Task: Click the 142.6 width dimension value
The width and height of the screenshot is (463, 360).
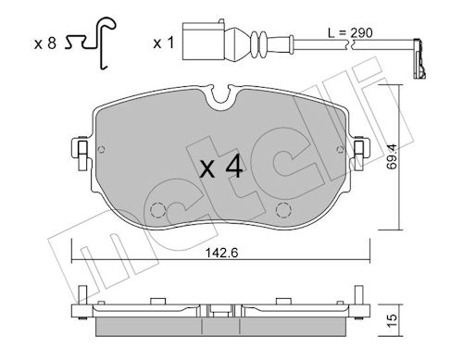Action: coord(222,254)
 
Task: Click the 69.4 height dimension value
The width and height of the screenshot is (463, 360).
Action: coord(392,157)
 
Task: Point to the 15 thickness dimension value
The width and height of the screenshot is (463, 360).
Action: coord(392,321)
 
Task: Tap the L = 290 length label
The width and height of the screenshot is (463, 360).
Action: coord(350,32)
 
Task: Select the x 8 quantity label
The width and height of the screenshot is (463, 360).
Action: coord(45,43)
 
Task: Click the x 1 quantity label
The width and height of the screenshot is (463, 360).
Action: coord(164,43)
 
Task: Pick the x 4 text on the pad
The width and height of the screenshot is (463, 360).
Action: coord(221,168)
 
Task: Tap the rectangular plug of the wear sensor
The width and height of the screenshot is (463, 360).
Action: coord(204,41)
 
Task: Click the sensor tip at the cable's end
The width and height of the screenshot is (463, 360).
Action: coord(419,58)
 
